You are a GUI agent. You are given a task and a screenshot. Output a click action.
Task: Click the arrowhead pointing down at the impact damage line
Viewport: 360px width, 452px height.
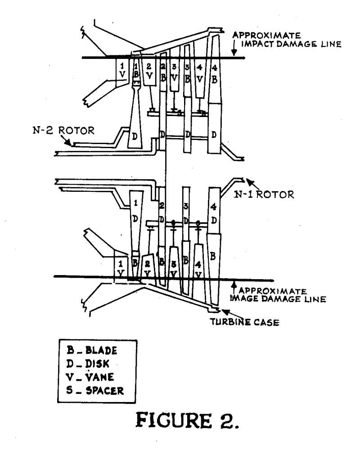[233, 53]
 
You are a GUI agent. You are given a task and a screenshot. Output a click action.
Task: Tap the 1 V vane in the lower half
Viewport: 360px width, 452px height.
[120, 267]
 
